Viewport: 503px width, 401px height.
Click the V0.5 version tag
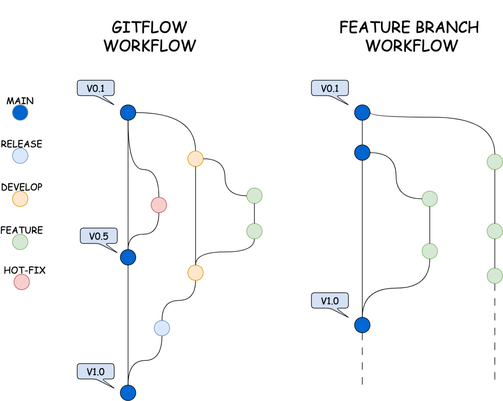[99, 236]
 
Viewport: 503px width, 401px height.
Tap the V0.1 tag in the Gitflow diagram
[96, 88]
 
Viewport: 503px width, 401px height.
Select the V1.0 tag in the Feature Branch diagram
[330, 301]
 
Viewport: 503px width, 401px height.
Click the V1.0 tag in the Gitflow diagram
[96, 372]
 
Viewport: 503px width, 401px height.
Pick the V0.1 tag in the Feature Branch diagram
[330, 88]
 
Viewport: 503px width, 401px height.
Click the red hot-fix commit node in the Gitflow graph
[159, 205]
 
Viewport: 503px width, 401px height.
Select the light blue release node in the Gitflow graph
[162, 328]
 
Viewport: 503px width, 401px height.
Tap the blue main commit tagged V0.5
[128, 257]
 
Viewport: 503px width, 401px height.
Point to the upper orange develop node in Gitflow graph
[195, 159]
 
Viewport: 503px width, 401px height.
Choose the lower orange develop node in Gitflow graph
[195, 273]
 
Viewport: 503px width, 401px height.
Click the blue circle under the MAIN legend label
[20, 113]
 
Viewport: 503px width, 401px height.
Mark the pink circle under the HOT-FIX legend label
[22, 282]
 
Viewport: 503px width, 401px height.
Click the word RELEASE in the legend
[22, 144]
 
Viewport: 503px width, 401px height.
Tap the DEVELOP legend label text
[22, 187]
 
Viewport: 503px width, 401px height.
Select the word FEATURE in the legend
[22, 230]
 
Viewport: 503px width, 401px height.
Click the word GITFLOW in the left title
[149, 27]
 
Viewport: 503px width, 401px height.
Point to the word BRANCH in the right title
[447, 27]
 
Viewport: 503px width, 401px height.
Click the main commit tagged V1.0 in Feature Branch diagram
[362, 325]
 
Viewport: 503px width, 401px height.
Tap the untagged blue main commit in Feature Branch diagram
[362, 153]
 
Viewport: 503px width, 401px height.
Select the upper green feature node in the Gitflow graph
[254, 196]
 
